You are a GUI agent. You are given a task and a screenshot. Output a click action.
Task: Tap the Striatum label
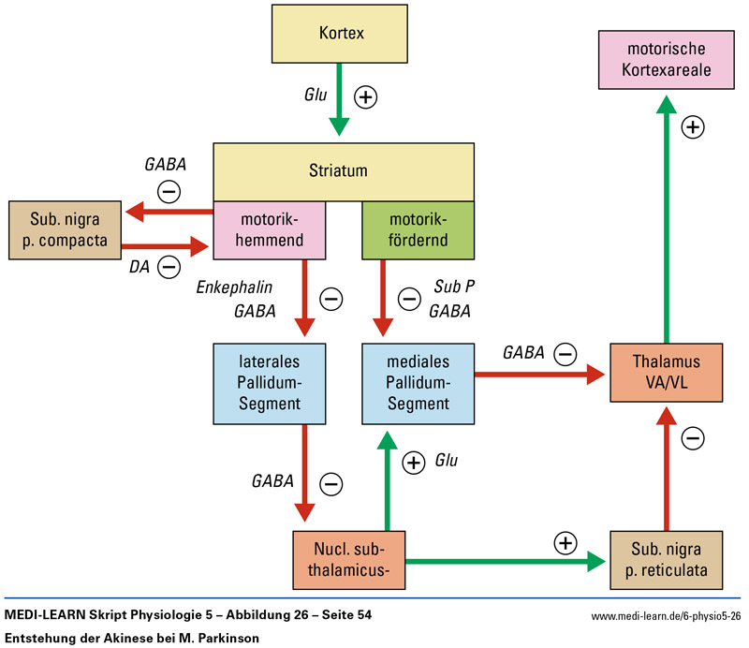point(338,171)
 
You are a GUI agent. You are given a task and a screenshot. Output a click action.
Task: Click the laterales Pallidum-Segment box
point(270,381)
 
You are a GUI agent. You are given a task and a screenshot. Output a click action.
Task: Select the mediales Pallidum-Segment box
point(418,381)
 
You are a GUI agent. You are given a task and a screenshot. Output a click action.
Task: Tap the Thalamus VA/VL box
point(666,373)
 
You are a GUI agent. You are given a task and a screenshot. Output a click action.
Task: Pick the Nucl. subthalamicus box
point(349,560)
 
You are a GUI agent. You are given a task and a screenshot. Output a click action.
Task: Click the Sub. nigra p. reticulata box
point(666,560)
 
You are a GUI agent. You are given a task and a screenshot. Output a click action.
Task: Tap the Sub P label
point(452,287)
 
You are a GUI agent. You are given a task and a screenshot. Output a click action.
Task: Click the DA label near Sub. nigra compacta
point(140,267)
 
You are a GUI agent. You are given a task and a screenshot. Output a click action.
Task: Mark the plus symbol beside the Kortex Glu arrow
point(366,97)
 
